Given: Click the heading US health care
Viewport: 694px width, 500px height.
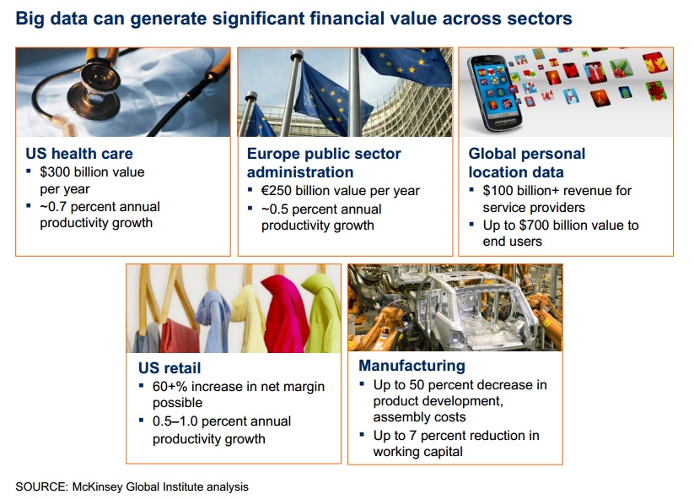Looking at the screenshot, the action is [79, 154].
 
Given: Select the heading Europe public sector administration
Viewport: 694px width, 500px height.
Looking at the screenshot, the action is [324, 163].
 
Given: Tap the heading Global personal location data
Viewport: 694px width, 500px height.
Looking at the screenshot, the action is [527, 163].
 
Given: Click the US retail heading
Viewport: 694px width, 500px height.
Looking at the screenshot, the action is [169, 368].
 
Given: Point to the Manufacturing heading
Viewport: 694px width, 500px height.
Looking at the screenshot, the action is [412, 366].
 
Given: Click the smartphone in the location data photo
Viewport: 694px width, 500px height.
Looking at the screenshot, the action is [495, 93].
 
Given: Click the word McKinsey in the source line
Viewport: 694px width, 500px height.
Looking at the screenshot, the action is [97, 486].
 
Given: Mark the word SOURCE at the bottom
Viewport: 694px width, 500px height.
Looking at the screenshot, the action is [42, 486].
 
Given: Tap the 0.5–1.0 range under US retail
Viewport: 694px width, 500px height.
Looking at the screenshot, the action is [175, 421].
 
